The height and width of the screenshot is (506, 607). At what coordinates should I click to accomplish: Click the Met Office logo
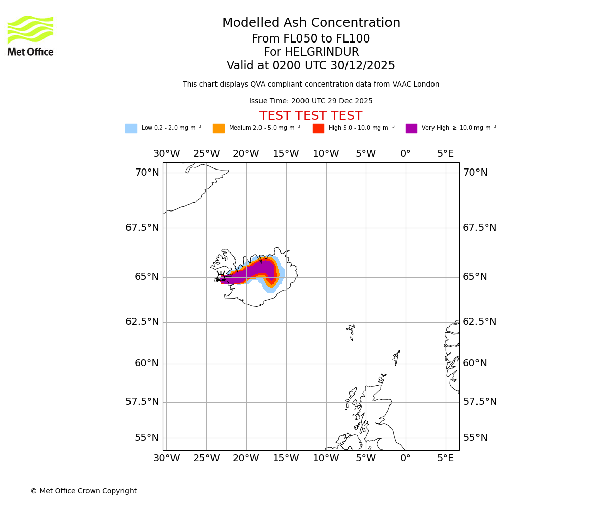pyautogui.click(x=30, y=35)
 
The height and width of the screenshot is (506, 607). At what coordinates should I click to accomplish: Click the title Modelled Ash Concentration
pyautogui.click(x=311, y=23)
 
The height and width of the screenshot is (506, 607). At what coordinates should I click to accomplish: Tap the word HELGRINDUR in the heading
pyautogui.click(x=311, y=52)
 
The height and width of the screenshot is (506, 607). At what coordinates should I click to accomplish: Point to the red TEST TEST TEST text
pyautogui.click(x=311, y=116)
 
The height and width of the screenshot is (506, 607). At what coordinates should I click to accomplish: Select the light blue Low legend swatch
pyautogui.click(x=131, y=129)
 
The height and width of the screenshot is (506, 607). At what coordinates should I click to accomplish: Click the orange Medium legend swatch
pyautogui.click(x=219, y=129)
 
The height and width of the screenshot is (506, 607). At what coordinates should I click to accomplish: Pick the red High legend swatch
pyautogui.click(x=318, y=129)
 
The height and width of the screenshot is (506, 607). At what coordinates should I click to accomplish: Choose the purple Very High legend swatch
pyautogui.click(x=411, y=129)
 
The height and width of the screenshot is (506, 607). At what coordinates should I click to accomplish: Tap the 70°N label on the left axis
pyautogui.click(x=147, y=173)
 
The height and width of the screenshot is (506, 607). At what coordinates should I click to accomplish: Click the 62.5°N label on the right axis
pyautogui.click(x=480, y=322)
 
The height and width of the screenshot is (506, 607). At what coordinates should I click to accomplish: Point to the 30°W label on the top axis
pyautogui.click(x=166, y=154)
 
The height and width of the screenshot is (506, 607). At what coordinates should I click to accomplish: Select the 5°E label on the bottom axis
pyautogui.click(x=445, y=459)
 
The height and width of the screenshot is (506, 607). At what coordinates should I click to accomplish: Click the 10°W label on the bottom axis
pyautogui.click(x=326, y=459)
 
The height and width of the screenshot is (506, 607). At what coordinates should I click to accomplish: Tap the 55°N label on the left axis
pyautogui.click(x=147, y=438)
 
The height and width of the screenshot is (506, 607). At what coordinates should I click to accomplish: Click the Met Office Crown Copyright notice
pyautogui.click(x=83, y=491)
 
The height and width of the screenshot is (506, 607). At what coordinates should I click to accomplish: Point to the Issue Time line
pyautogui.click(x=311, y=101)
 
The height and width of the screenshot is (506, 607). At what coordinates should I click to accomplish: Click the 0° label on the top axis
pyautogui.click(x=405, y=154)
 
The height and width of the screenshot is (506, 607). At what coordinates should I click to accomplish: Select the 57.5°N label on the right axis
pyautogui.click(x=480, y=402)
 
